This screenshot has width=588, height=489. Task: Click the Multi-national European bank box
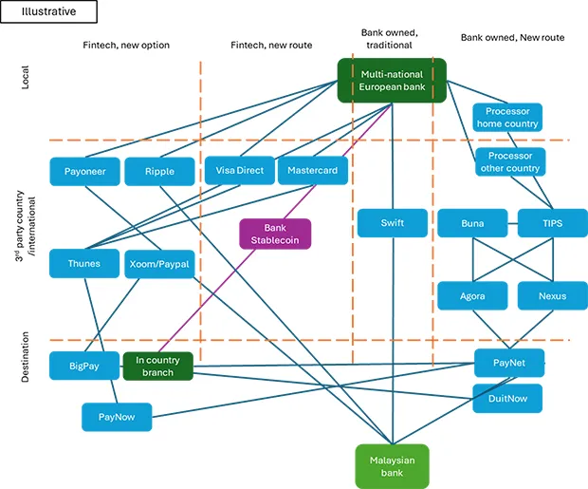(392, 81)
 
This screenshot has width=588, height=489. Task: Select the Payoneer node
(84, 171)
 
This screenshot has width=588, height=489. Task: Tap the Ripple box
(159, 171)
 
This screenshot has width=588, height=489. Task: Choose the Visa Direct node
(238, 171)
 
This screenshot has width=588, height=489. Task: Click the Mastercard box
(313, 171)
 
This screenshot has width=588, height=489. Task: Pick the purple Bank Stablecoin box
(275, 234)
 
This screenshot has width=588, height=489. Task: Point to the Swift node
(392, 223)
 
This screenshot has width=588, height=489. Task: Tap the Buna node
(472, 223)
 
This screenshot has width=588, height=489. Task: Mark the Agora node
(472, 295)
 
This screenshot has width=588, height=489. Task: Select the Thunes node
(84, 263)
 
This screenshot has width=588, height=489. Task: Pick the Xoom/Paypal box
(159, 263)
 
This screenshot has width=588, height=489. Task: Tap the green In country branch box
(158, 367)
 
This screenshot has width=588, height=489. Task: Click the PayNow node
(118, 416)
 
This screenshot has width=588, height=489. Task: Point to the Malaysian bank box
(392, 465)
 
